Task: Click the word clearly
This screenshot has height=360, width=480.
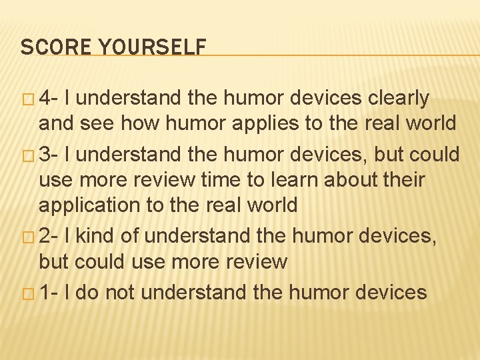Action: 399,99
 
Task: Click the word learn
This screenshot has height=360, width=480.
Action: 287,180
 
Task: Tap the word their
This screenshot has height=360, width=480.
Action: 401,180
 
